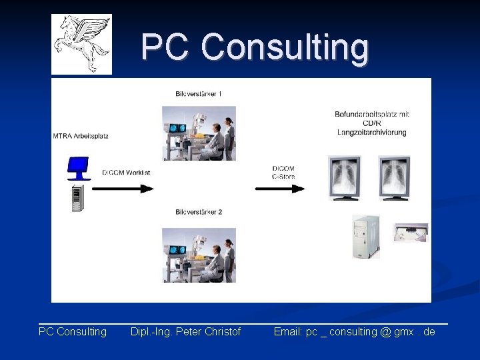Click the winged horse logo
point(81,44)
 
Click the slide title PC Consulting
point(255,48)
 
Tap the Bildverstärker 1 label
point(199,93)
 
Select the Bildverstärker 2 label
point(199,212)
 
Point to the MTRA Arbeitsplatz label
point(81,136)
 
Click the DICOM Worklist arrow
point(123,189)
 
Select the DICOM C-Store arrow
point(280,189)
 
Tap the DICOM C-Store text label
point(283,172)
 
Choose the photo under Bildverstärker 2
point(199,255)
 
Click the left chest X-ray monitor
point(345,177)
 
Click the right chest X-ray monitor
point(394,177)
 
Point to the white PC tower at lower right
point(365,237)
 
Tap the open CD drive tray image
point(409,233)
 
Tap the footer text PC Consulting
point(73,331)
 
